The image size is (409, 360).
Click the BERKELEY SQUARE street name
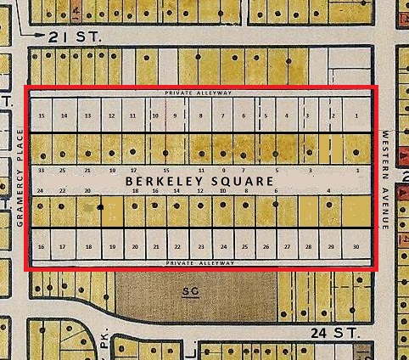coord(199,181)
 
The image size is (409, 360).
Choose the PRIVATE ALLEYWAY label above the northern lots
coord(199,92)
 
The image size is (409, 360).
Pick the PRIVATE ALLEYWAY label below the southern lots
coord(199,263)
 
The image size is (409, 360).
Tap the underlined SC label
coord(191,290)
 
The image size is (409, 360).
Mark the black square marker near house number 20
coord(100,206)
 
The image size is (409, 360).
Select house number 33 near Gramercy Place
coord(41,170)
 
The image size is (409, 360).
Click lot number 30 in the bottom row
coord(356,246)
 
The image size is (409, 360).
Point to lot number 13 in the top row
coord(87,115)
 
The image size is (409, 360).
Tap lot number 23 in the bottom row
coord(200,246)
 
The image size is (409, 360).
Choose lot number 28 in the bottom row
coord(308,246)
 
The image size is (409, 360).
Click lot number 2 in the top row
coord(333,115)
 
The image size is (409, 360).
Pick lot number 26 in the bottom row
coord(266,246)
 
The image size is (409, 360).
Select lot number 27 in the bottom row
coord(287,246)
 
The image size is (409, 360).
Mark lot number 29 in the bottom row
coord(331,246)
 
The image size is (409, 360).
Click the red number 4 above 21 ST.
coord(77,11)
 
